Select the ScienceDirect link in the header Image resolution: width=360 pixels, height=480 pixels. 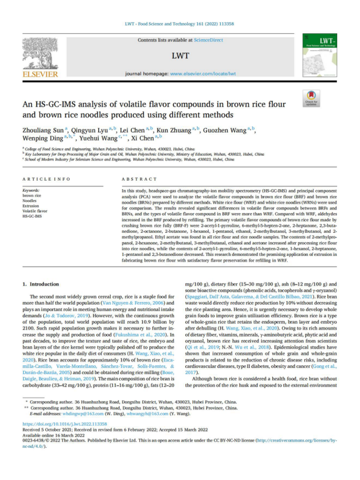point(208,40)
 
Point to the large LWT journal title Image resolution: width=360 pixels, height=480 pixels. point(180,56)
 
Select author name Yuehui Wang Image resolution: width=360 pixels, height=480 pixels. point(97,138)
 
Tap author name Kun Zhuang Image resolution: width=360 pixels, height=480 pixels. point(175,130)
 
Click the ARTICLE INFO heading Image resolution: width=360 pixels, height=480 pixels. point(47,179)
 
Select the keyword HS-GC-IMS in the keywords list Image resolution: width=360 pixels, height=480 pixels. point(32,216)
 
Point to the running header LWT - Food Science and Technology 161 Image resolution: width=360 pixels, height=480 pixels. point(180,24)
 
